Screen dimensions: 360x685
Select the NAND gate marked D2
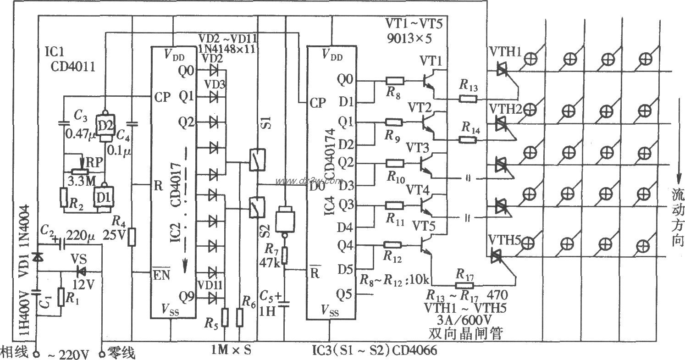coord(105,126)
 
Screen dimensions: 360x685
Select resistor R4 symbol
coord(132,237)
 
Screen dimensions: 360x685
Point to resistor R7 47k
coord(284,255)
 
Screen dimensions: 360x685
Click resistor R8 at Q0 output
coord(395,81)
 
